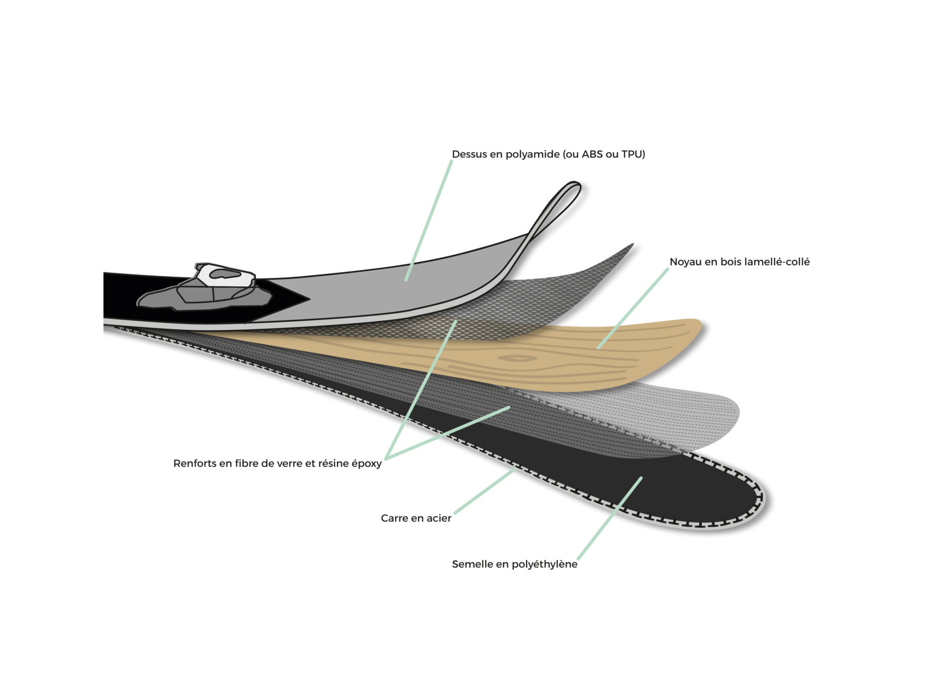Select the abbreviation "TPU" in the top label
click(x=631, y=154)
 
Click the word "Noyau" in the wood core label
click(x=685, y=262)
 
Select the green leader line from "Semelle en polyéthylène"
click(x=610, y=519)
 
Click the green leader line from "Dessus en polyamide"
click(x=428, y=221)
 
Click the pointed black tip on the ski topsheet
click(x=307, y=299)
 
